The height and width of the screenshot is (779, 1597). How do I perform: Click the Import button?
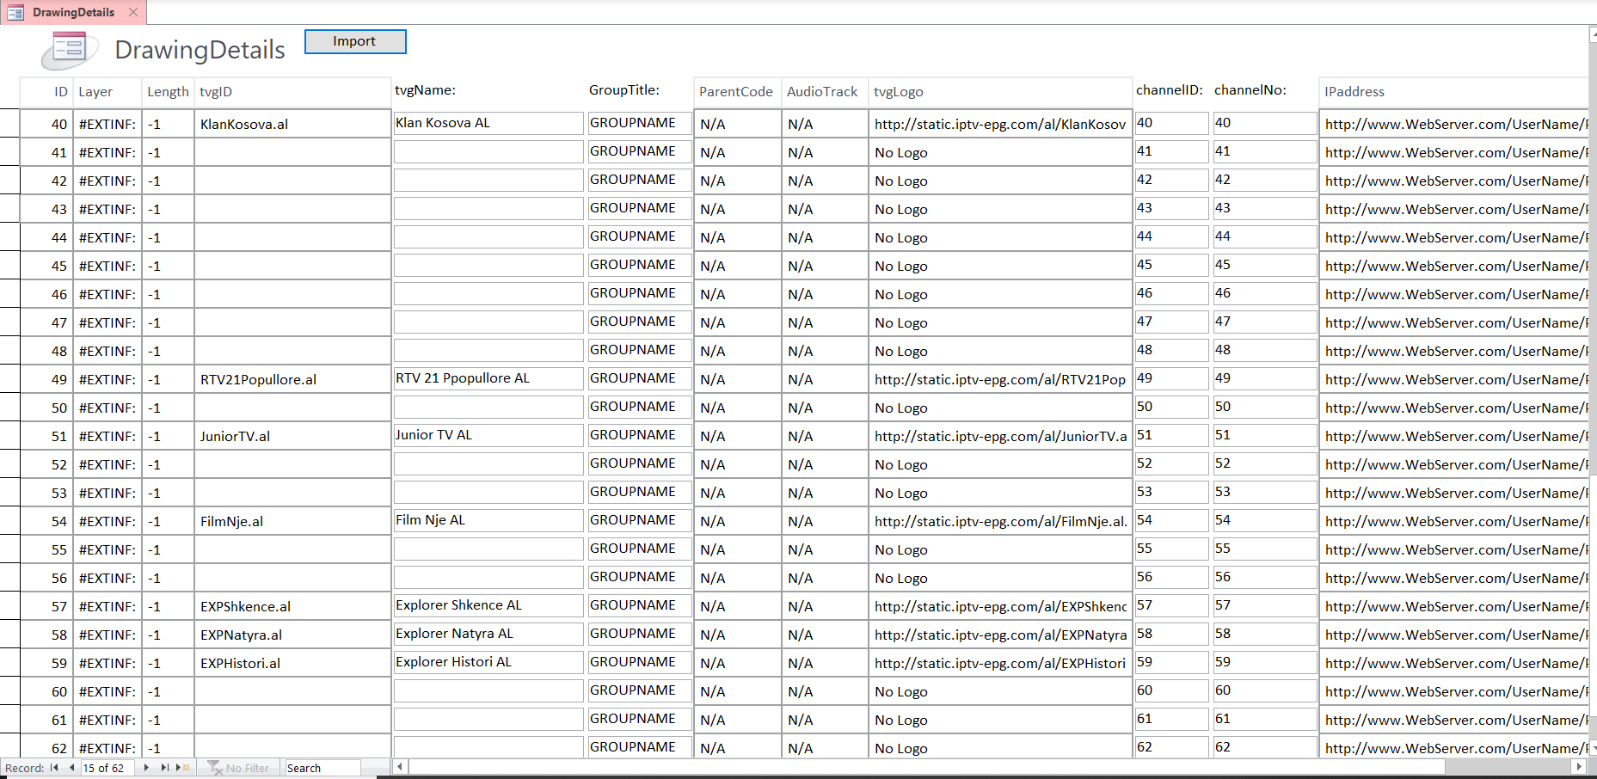click(354, 41)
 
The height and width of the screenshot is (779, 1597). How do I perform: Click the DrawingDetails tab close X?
click(133, 12)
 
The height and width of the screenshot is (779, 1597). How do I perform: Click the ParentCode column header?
click(735, 92)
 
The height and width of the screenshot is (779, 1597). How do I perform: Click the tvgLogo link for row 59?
click(999, 663)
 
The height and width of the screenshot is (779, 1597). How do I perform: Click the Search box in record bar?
click(322, 768)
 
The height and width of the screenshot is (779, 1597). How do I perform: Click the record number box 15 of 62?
click(107, 768)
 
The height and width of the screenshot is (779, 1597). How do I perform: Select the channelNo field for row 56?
click(1263, 577)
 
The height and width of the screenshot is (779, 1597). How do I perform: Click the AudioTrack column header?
click(822, 92)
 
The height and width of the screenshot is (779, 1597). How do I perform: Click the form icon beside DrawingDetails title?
click(69, 50)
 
